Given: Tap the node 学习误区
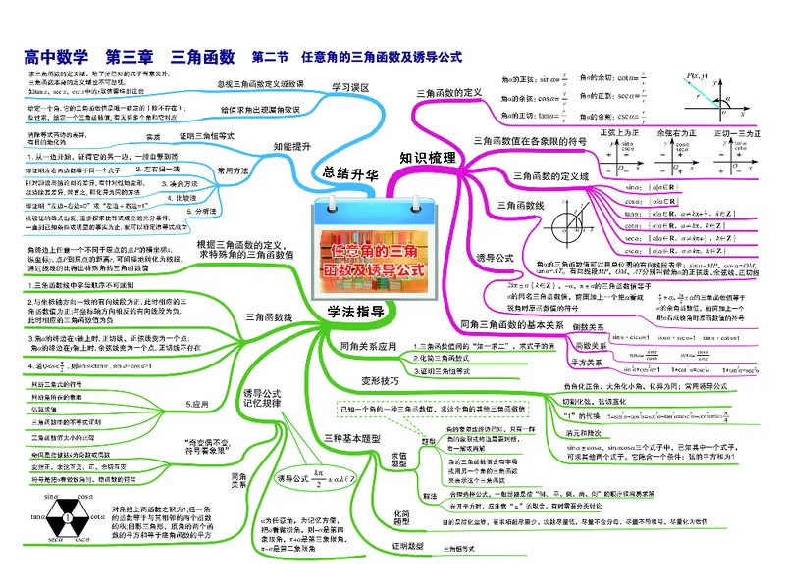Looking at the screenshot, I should point(349,87).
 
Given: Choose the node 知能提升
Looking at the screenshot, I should point(292,146).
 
